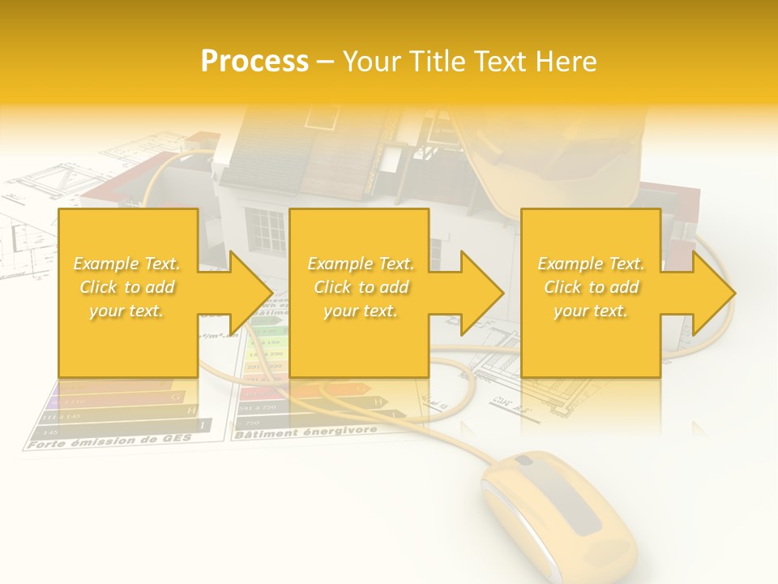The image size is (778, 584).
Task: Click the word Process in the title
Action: click(x=254, y=62)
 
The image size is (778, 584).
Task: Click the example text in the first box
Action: click(x=127, y=287)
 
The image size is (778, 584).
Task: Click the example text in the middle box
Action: click(x=361, y=287)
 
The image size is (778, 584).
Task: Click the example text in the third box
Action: click(x=591, y=287)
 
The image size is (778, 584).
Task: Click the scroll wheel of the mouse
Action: click(x=524, y=462)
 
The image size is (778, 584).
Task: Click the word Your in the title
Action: click(x=370, y=62)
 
